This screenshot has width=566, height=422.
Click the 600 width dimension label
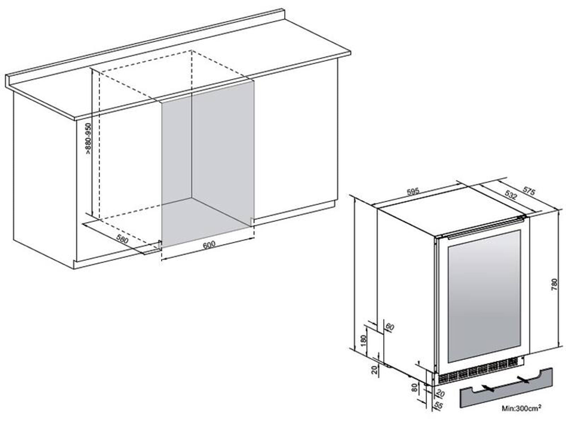click(x=209, y=244)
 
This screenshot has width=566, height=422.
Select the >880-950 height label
click(x=89, y=138)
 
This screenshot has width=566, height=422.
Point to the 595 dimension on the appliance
click(x=413, y=192)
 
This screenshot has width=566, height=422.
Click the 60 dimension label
click(x=390, y=327)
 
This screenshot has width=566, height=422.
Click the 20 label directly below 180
click(x=375, y=370)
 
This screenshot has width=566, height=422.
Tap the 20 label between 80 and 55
click(x=440, y=393)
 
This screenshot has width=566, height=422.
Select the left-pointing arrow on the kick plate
click(x=488, y=388)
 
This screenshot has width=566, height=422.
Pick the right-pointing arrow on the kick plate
click(x=523, y=379)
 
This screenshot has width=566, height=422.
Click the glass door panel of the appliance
click(x=484, y=296)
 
